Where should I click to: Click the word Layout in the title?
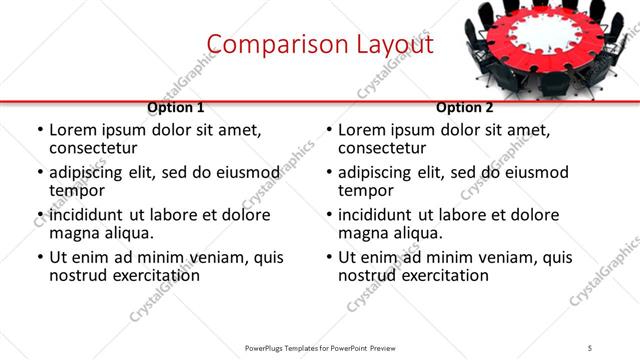point(393,44)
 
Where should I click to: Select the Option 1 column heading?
point(176,107)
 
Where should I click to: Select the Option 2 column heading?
point(465,107)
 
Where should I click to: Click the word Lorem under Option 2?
point(362,129)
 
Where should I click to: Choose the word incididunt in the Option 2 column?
point(383,215)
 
